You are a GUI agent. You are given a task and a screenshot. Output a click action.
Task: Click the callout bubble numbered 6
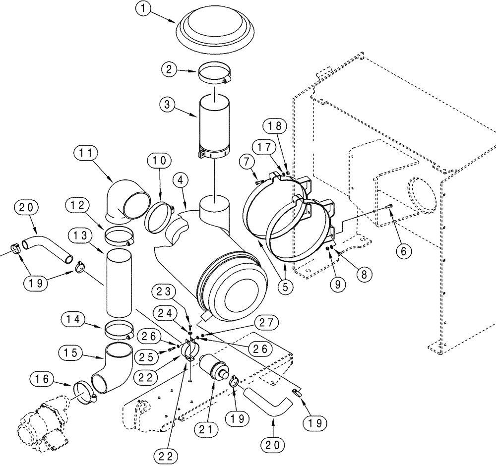[x=403, y=251]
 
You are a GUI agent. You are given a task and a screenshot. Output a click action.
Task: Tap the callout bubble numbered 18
[x=276, y=126]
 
